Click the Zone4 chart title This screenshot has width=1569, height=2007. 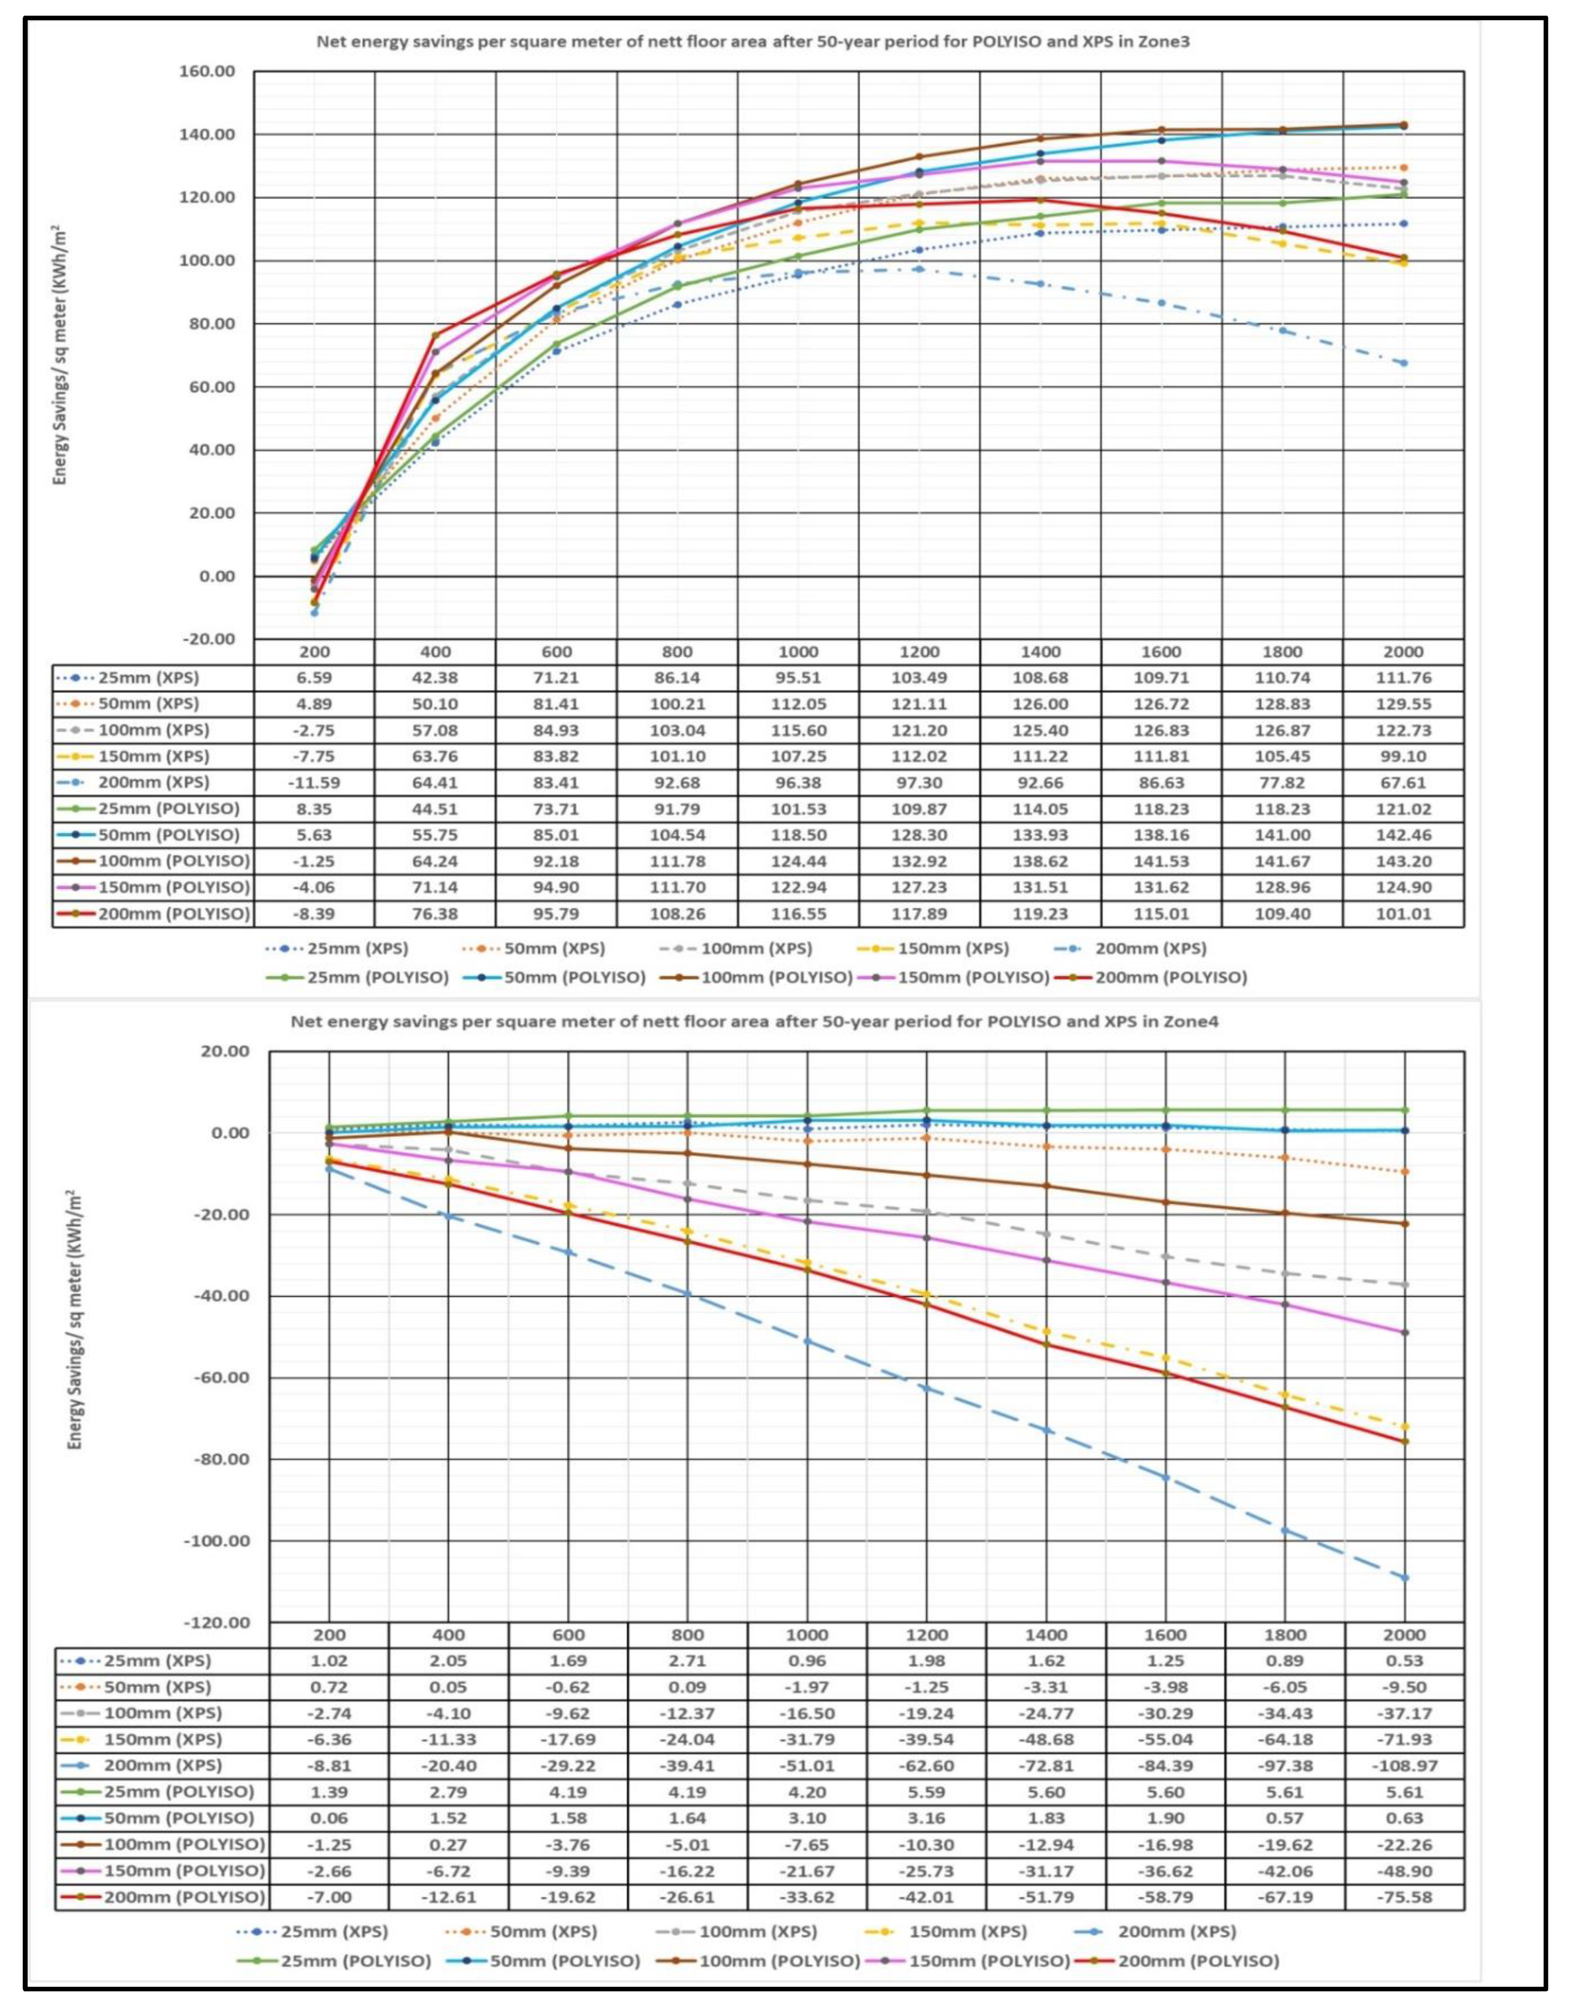[x=754, y=1021]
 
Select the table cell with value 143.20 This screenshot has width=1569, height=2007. [x=1403, y=861]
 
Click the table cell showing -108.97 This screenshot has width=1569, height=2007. [x=1404, y=1765]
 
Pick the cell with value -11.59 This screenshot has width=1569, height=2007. [x=314, y=783]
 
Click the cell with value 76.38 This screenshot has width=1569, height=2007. [x=436, y=913]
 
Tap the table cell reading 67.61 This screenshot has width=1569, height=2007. [x=1403, y=783]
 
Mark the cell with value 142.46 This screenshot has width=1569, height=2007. [x=1403, y=835]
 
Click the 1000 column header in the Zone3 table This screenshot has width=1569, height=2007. [x=798, y=652]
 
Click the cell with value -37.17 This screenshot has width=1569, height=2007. [x=1404, y=1713]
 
